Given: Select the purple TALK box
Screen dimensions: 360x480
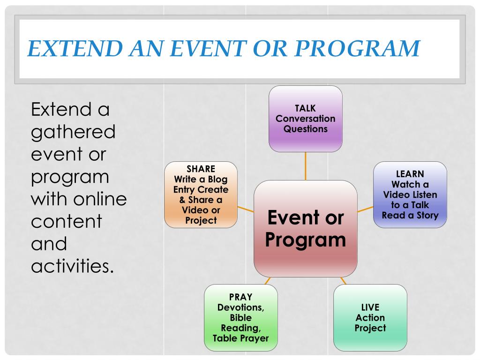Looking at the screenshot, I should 305,119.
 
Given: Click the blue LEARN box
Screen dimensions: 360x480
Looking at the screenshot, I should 410,195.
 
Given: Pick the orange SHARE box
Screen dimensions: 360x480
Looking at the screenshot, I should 201,195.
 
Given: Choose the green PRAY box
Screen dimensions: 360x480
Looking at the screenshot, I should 241,317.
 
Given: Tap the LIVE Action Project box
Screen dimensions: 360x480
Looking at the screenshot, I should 370,317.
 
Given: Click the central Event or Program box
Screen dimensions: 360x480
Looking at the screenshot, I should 305,228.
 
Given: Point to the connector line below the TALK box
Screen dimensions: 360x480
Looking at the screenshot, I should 306,166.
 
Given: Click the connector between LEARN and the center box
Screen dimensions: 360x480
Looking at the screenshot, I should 365,209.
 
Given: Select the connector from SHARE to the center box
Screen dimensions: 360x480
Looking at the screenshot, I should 246,209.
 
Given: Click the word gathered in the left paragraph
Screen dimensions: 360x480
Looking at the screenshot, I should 73,132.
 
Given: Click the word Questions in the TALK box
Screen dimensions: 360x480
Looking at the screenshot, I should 305,129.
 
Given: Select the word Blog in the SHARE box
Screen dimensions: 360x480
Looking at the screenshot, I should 218,180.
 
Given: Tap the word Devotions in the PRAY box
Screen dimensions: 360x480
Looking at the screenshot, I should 240,307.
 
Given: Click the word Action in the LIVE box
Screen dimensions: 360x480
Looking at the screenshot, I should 370,318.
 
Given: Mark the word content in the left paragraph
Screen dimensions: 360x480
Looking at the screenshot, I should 66,222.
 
